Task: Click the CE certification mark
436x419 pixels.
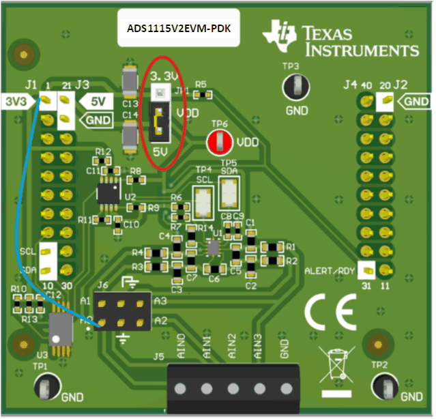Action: [x=330, y=313]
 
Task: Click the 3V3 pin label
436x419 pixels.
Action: [x=17, y=102]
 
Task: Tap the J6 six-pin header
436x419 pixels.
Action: [x=123, y=310]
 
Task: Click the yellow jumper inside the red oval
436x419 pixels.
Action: [x=159, y=121]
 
